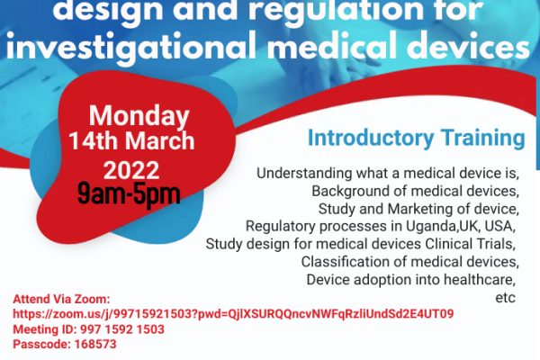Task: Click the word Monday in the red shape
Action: pyautogui.click(x=139, y=117)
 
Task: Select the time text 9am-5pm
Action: pyautogui.click(x=129, y=193)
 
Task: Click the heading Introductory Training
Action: pyautogui.click(x=416, y=139)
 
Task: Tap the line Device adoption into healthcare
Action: pyautogui.click(x=412, y=280)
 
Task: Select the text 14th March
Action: pyautogui.click(x=130, y=141)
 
